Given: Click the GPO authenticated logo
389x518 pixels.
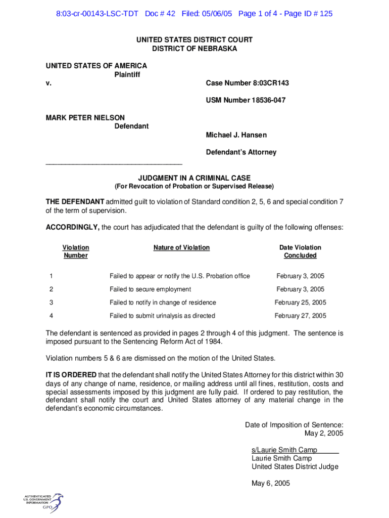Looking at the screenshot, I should tap(43, 500).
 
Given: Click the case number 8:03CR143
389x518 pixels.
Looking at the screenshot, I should tap(247, 83).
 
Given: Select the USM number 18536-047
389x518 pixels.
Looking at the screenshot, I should tap(246, 100).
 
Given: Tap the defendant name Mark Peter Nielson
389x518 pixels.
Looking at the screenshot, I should tap(85, 118).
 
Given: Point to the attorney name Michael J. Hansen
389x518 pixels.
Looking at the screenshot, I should tap(236, 135).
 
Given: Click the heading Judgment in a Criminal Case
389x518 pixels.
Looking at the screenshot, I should tap(194, 178).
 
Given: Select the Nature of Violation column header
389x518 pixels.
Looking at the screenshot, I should tap(181, 247).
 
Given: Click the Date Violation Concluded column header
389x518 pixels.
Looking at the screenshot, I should tap(300, 251).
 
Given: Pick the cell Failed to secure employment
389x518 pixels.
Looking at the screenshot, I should tap(150, 289).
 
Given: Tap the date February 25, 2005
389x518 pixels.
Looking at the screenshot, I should tap(300, 303).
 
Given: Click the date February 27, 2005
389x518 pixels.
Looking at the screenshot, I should tap(300, 316).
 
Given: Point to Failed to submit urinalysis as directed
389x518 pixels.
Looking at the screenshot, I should tap(162, 316).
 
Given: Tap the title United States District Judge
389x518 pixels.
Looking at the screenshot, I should tap(295, 467).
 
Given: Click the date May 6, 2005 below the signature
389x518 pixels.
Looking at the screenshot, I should tap(271, 484).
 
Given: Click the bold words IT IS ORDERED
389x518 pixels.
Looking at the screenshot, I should tap(71, 375).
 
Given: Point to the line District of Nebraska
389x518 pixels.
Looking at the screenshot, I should tap(194, 49).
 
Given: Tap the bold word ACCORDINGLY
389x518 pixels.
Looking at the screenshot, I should tap(73, 228).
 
